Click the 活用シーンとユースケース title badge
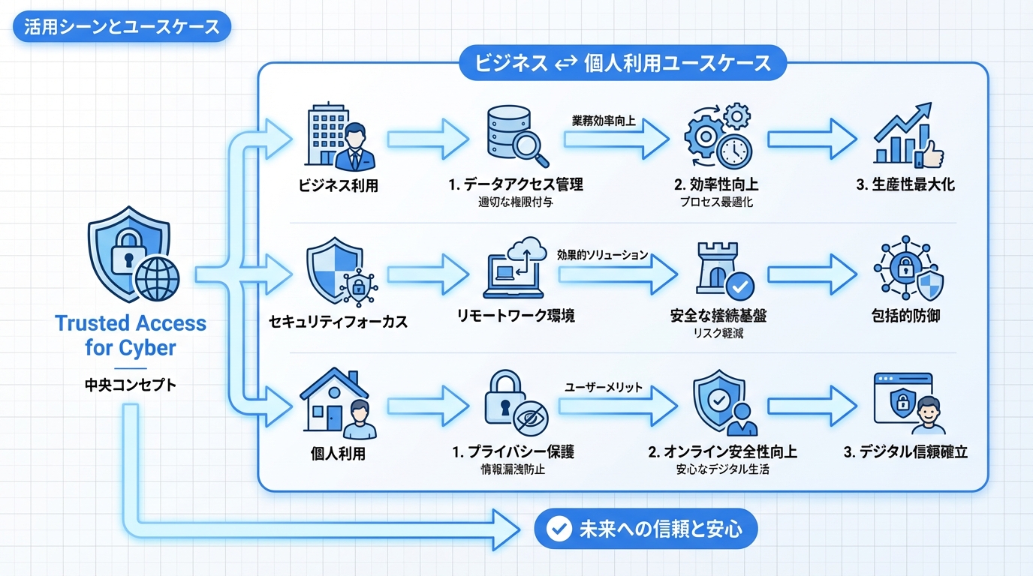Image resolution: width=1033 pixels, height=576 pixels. pyautogui.click(x=122, y=28)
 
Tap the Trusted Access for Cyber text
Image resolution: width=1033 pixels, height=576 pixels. pyautogui.click(x=131, y=335)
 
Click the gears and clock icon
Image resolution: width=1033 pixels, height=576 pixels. pyautogui.click(x=718, y=137)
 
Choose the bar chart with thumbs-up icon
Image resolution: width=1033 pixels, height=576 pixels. pyautogui.click(x=908, y=139)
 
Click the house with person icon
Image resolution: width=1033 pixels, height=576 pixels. pyautogui.click(x=338, y=403)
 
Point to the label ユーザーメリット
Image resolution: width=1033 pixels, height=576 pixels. pyautogui.click(x=603, y=387)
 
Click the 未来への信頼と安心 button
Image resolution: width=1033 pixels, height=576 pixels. pyautogui.click(x=646, y=529)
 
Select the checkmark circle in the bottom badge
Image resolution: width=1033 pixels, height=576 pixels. pyautogui.click(x=559, y=529)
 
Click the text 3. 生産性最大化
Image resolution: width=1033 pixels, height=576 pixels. pyautogui.click(x=905, y=184)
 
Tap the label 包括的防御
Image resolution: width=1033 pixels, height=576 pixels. pyautogui.click(x=908, y=316)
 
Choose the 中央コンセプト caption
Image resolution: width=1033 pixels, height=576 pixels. pyautogui.click(x=131, y=385)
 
